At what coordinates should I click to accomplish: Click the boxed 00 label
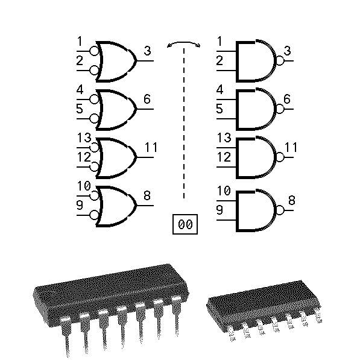(x=185, y=224)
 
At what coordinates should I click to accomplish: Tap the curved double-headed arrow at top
(x=184, y=42)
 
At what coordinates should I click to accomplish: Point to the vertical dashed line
(x=184, y=123)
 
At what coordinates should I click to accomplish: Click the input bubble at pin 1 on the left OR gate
(x=94, y=51)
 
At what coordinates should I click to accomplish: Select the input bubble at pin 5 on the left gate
(x=94, y=119)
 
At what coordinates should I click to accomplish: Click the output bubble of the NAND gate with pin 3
(x=280, y=61)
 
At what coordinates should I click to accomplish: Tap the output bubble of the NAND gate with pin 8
(x=280, y=210)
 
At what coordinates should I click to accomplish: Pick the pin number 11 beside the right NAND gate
(x=291, y=147)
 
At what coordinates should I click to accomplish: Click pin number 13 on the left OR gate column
(x=84, y=137)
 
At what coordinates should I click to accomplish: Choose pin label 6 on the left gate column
(x=147, y=99)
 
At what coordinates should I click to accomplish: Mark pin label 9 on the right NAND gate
(x=219, y=210)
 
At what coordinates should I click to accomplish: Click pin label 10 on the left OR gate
(x=84, y=186)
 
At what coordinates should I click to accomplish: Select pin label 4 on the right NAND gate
(x=219, y=89)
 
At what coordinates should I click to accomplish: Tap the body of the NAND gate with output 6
(x=255, y=109)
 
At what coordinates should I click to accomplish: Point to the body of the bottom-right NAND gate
(x=255, y=210)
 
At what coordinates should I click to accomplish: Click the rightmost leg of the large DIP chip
(x=177, y=316)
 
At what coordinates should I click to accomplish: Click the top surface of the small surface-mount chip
(x=264, y=296)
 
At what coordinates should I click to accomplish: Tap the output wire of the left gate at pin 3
(x=145, y=61)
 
